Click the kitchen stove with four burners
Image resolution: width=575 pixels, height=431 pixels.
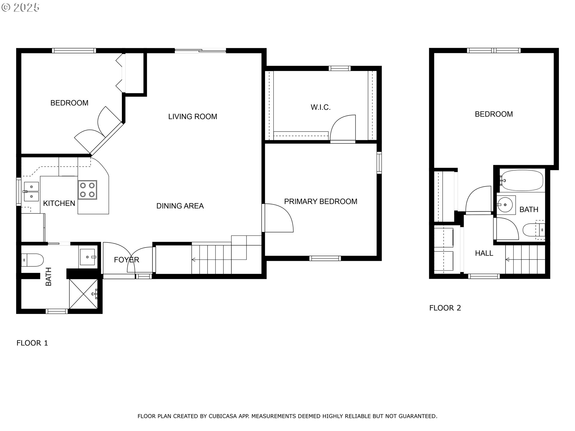87,190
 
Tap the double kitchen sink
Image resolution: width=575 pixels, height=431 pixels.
31,192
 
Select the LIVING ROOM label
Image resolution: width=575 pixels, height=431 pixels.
193,117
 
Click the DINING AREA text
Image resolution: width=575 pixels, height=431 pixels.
180,206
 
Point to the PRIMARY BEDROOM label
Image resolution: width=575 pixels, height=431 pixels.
320,201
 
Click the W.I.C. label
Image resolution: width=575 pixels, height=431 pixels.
320,107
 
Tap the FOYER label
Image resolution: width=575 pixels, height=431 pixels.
126,260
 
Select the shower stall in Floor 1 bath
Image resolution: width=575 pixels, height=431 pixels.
84,294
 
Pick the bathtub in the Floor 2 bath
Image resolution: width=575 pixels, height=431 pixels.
522,180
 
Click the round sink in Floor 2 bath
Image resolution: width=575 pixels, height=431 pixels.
506,205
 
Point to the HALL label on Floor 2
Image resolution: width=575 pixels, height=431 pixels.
484,253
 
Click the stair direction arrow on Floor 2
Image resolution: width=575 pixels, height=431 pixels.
508,259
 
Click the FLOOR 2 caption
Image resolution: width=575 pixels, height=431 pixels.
445,308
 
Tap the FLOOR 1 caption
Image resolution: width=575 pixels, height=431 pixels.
32,343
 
